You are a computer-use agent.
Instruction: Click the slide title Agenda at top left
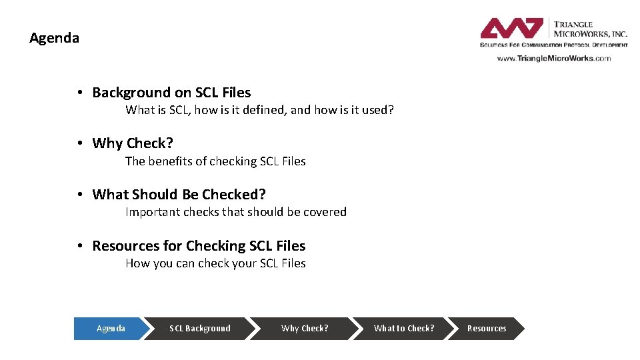(54, 38)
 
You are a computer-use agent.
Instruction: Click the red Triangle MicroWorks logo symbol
(512, 29)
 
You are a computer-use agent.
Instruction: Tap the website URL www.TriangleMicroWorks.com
(553, 58)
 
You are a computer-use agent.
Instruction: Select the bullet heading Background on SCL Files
(171, 93)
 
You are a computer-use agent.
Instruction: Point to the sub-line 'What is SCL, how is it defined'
(259, 110)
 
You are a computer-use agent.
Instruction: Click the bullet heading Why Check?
(133, 143)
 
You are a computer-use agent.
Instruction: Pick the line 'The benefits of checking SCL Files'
(215, 161)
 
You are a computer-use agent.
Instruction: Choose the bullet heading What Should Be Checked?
(179, 195)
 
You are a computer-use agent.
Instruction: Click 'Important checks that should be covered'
(236, 212)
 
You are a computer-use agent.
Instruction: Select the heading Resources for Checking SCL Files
(199, 246)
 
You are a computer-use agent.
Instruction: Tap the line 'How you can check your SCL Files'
(215, 263)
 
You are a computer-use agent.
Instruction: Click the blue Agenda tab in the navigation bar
(110, 329)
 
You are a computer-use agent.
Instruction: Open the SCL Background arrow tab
(200, 329)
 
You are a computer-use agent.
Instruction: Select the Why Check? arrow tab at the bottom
(305, 329)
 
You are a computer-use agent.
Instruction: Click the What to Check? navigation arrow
(403, 329)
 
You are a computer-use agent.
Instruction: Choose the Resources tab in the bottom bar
(486, 329)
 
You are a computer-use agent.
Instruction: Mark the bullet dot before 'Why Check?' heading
(79, 143)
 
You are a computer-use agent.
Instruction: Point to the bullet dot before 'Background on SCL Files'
(79, 93)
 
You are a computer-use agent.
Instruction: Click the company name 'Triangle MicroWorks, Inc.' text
(589, 29)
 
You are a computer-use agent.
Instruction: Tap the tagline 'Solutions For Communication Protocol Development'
(553, 45)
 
